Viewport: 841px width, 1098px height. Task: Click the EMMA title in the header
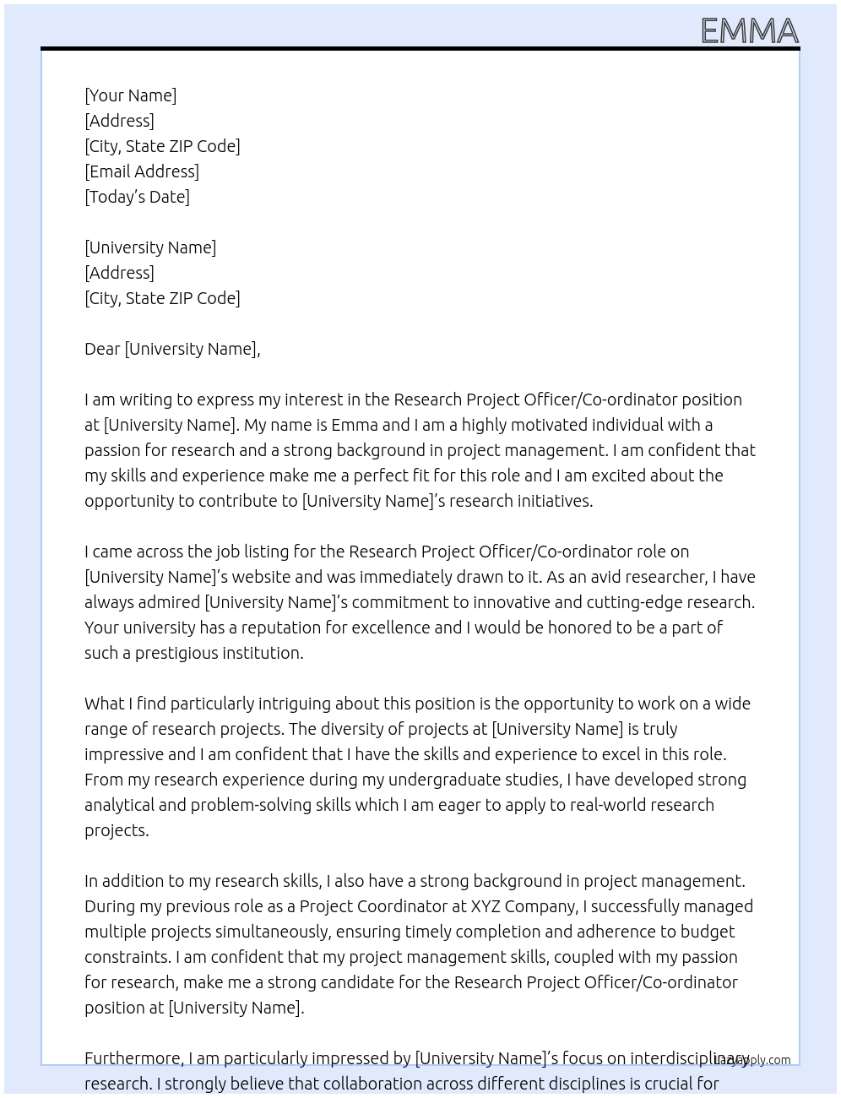(749, 31)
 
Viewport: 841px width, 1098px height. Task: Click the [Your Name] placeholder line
(130, 95)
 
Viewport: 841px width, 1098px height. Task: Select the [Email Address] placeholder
(142, 171)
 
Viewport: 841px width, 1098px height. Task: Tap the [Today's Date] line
(137, 197)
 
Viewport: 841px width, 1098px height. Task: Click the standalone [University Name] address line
(150, 247)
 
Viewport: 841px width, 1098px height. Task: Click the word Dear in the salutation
(102, 349)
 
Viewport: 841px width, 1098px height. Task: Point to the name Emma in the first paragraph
(353, 425)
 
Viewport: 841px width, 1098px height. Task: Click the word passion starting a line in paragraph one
(111, 450)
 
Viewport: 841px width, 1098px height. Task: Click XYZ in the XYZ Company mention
(486, 906)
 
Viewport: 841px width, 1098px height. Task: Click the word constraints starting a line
(127, 957)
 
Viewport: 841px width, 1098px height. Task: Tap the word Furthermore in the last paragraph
(133, 1058)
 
